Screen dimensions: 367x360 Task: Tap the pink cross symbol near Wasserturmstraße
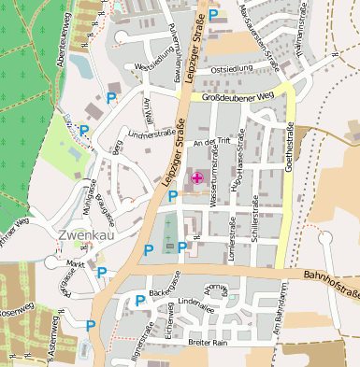click(x=196, y=177)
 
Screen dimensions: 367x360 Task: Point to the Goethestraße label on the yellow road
click(x=291, y=149)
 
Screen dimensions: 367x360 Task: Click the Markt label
click(x=76, y=264)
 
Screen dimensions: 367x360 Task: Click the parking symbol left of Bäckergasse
click(x=140, y=300)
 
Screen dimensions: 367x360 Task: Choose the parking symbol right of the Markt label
click(x=102, y=272)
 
